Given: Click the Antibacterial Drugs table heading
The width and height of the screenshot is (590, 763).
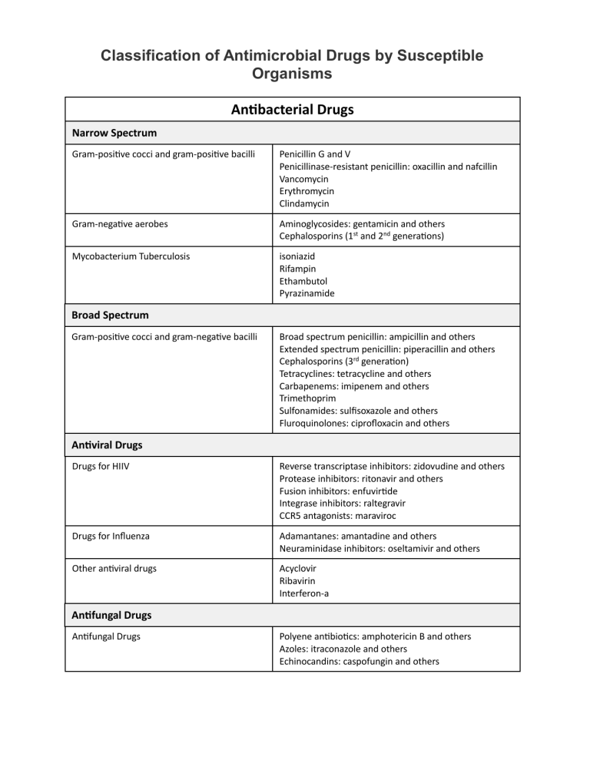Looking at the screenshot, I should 292,110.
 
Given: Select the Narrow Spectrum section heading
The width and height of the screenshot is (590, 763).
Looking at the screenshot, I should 114,133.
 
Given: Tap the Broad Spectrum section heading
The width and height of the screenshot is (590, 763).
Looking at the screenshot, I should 111,315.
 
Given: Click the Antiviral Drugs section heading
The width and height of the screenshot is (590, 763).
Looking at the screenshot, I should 107,444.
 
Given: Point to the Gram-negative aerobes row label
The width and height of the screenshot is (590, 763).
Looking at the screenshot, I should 120,223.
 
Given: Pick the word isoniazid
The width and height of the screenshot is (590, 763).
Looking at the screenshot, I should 297,256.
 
